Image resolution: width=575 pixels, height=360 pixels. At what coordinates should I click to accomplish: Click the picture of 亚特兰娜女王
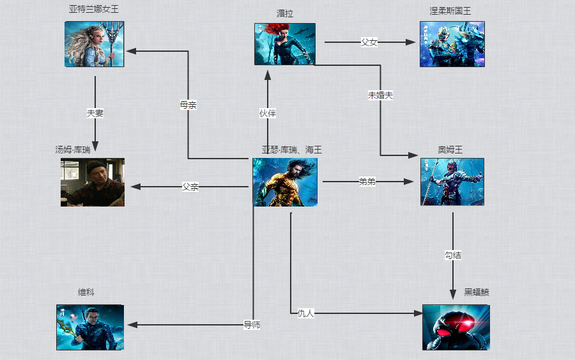tap(94, 44)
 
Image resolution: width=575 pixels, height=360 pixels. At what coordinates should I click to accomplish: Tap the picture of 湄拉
tap(284, 44)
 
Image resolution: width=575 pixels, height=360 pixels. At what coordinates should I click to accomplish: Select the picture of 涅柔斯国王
tap(452, 44)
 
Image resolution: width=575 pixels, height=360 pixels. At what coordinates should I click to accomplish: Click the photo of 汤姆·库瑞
tap(93, 182)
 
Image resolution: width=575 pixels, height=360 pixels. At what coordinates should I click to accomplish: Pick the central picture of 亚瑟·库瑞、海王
tap(284, 182)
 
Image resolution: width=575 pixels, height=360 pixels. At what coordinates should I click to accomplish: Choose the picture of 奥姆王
tap(452, 182)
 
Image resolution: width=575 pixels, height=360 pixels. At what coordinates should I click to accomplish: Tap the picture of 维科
tap(89, 327)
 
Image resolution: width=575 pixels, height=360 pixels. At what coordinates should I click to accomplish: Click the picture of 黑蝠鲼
tap(456, 327)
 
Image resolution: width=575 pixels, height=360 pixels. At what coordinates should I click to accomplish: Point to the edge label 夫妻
tap(95, 113)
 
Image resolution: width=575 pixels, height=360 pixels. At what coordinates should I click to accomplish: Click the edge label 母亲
tap(188, 106)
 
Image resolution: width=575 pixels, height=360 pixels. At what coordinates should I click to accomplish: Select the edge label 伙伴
tap(268, 113)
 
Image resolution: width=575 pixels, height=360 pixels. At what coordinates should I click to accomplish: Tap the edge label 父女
tap(369, 42)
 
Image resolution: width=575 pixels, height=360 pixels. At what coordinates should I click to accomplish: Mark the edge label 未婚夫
tap(380, 95)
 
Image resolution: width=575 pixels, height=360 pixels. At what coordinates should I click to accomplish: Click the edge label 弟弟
tap(367, 182)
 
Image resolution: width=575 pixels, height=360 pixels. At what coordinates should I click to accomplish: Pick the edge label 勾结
tap(453, 255)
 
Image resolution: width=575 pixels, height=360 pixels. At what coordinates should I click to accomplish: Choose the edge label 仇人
tap(306, 313)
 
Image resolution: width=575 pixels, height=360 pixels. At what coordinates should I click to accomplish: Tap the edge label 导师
tap(252, 325)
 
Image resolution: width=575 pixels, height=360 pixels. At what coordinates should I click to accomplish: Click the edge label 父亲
tap(190, 187)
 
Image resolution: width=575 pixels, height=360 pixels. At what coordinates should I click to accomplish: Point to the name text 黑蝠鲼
tap(477, 292)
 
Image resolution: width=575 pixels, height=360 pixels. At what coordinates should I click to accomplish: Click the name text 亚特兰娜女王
tap(94, 10)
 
